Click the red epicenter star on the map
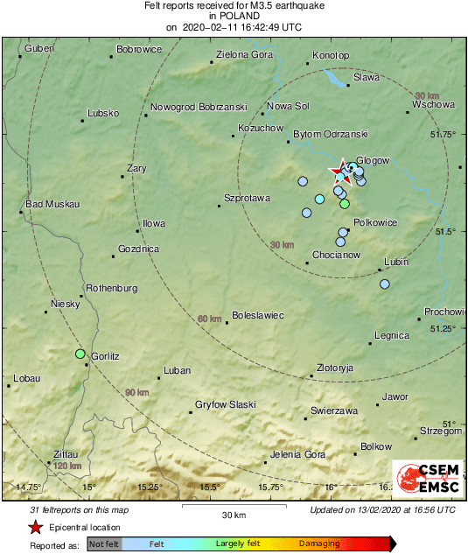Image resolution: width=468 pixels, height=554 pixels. pyautogui.click(x=338, y=170)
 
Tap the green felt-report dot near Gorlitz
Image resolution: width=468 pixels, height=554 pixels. pyautogui.click(x=80, y=354)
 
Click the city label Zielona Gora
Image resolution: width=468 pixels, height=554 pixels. pyautogui.click(x=246, y=54)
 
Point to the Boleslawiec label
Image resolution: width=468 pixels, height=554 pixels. pyautogui.click(x=257, y=315)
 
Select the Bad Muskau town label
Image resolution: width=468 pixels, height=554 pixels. pyautogui.click(x=52, y=204)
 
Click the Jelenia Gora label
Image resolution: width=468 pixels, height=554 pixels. pyautogui.click(x=297, y=454)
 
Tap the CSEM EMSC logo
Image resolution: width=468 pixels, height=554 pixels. pyautogui.click(x=427, y=480)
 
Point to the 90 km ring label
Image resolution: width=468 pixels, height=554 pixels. pyautogui.click(x=136, y=393)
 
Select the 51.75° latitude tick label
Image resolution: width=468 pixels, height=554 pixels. pyautogui.click(x=445, y=134)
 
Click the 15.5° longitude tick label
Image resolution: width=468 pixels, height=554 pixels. pyautogui.click(x=209, y=487)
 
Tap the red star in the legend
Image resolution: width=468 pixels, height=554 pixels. pyautogui.click(x=35, y=527)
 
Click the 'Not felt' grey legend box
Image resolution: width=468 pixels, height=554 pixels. pyautogui.click(x=104, y=544)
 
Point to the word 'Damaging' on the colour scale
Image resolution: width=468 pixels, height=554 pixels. pyautogui.click(x=319, y=543)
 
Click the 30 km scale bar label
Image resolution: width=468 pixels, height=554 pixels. pyautogui.click(x=234, y=514)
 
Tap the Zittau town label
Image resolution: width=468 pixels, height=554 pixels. pyautogui.click(x=65, y=454)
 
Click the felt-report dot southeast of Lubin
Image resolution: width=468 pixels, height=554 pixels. pyautogui.click(x=383, y=284)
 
